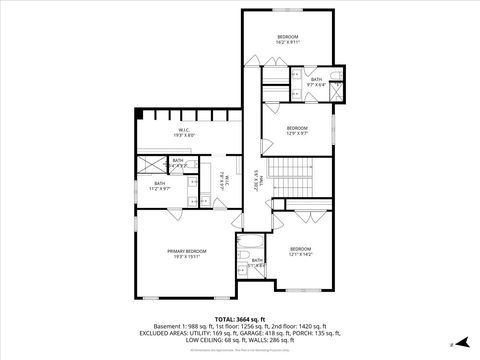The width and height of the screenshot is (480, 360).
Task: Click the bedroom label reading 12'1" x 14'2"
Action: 301,253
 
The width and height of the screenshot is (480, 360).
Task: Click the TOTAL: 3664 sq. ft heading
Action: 239,318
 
